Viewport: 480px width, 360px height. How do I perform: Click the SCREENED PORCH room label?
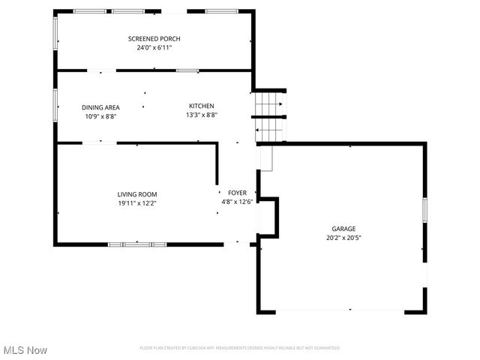point(154,38)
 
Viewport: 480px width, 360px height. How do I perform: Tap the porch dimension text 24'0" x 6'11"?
point(154,47)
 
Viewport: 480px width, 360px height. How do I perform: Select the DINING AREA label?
point(100,107)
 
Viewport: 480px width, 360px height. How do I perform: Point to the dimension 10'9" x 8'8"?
point(100,116)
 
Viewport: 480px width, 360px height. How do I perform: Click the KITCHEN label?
point(201,106)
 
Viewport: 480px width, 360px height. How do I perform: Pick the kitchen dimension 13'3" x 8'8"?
point(201,115)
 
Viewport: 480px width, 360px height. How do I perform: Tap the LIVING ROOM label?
point(136,194)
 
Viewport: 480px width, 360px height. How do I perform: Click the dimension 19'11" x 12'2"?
point(136,202)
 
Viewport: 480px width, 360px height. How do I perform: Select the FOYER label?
point(237,193)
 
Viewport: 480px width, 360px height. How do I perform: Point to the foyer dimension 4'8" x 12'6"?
point(237,201)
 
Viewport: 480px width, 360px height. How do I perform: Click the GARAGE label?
point(343,229)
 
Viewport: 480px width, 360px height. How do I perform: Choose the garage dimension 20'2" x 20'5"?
point(343,238)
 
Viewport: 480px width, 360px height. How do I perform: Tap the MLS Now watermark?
point(25,350)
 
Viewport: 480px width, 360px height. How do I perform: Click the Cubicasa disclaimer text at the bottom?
point(240,348)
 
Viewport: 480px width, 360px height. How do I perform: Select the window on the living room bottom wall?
point(137,244)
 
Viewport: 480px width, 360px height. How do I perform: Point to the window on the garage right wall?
point(424,209)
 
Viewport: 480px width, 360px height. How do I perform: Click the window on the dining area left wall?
point(55,104)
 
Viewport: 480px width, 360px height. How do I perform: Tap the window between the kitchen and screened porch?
point(187,70)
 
